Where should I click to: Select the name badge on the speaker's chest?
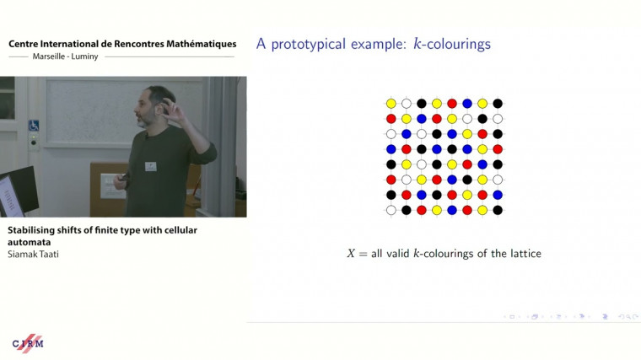tap(150, 166)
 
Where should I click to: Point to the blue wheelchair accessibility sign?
tap(34, 126)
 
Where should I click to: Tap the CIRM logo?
tap(28, 343)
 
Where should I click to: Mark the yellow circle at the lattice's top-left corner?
tap(391, 104)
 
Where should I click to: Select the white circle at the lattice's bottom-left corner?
tap(391, 210)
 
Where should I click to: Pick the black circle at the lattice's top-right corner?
tap(498, 104)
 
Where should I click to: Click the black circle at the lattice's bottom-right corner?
tap(498, 210)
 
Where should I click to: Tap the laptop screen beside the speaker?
tap(19, 191)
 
